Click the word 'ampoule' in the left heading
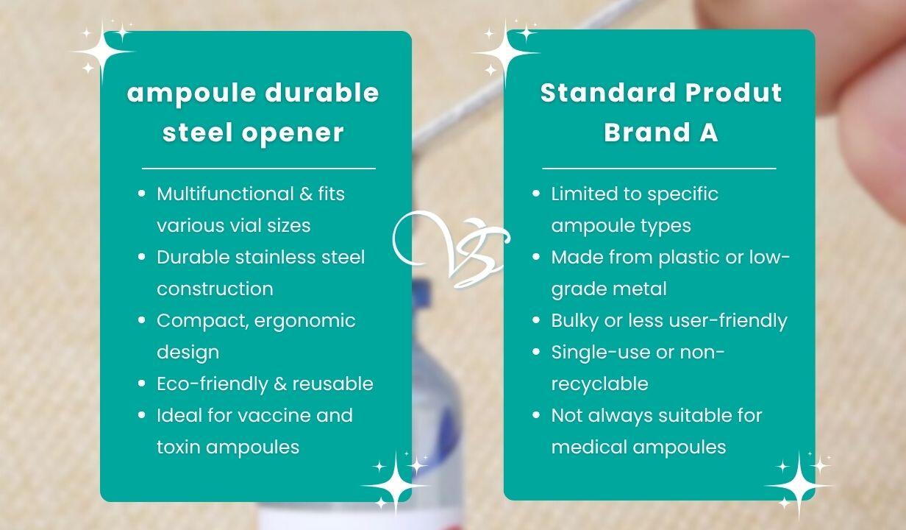coord(192,94)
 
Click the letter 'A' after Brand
coord(708,132)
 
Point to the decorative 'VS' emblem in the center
coord(452,249)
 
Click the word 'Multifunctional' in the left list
coord(225,194)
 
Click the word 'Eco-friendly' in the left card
coord(213,384)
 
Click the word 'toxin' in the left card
coord(179,447)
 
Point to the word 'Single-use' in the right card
coord(601,353)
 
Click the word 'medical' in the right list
coord(589,447)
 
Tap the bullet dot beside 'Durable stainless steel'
coord(141,257)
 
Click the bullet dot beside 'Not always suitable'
coord(536,415)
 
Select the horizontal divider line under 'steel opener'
coord(259,168)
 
